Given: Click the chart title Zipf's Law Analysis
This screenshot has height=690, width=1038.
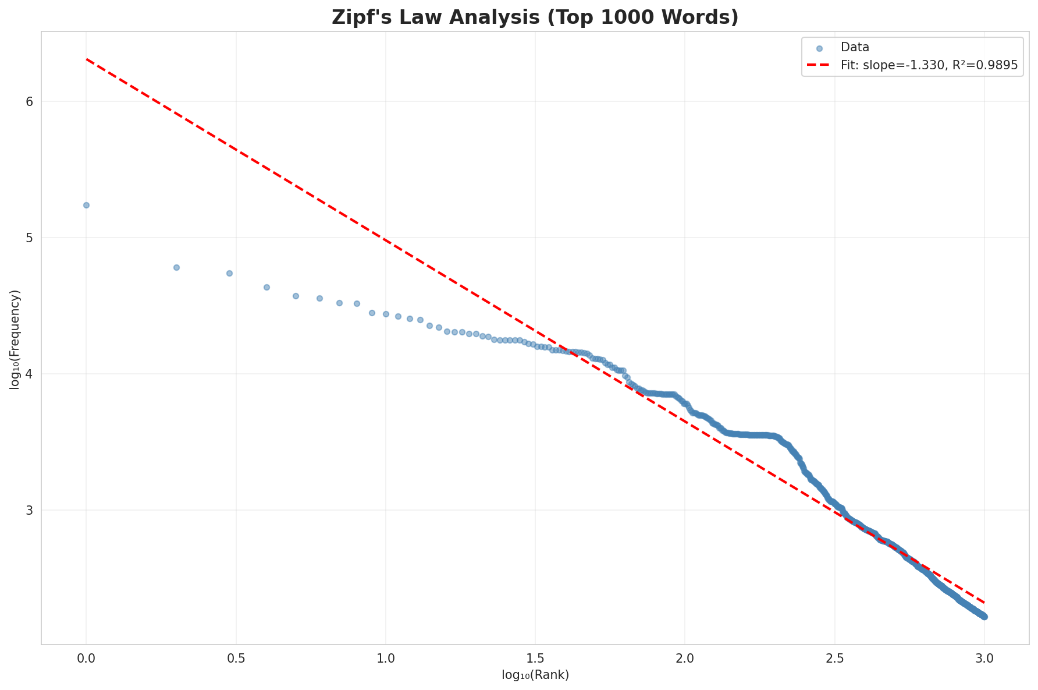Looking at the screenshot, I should [x=535, y=17].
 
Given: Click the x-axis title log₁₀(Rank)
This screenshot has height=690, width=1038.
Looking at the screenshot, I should [x=535, y=675].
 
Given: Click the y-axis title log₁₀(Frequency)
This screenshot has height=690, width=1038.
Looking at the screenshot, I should [x=15, y=339].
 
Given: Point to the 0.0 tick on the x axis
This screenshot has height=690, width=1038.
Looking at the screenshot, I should [x=86, y=658].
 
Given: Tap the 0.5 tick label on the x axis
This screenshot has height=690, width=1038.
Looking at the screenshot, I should [x=236, y=658].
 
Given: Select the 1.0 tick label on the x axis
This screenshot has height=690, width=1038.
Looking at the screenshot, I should [x=385, y=658].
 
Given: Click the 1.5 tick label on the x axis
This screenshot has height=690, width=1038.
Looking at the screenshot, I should [x=535, y=658].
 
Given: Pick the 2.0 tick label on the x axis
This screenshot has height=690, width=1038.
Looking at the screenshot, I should [x=685, y=658].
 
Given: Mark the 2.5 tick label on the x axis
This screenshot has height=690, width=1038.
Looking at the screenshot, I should [x=834, y=658].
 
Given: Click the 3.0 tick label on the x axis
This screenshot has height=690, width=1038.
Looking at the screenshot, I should [x=984, y=658].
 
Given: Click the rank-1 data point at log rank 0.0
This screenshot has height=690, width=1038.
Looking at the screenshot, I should [x=86, y=205].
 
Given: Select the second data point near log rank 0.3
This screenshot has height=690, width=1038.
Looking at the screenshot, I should [x=176, y=267].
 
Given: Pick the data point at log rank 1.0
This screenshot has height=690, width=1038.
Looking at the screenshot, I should [x=385, y=314].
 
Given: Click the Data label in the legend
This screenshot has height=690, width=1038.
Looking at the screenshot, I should [x=855, y=48].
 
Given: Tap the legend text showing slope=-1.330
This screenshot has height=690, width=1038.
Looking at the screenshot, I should [x=929, y=66].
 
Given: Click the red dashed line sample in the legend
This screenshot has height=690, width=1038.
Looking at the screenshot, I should [x=819, y=66].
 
